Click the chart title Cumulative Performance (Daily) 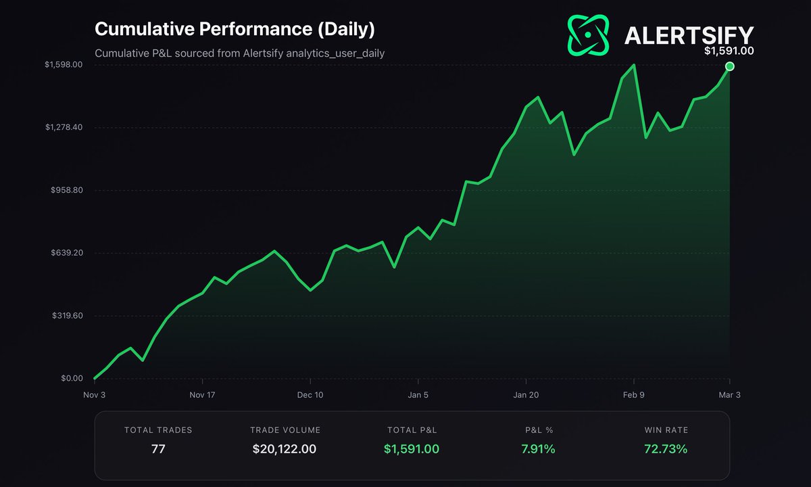tap(234, 30)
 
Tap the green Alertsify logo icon tap(589, 34)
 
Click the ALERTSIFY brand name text tap(689, 35)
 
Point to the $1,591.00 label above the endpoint tap(729, 51)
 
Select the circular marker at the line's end tap(730, 66)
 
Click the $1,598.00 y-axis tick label tap(64, 65)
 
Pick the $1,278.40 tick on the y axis tap(64, 127)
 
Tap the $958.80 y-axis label tap(66, 190)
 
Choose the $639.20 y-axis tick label tap(66, 253)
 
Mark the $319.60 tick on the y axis tap(66, 316)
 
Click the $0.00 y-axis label tap(72, 379)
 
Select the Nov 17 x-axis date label tap(202, 395)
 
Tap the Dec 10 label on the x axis tap(310, 395)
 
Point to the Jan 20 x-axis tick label tap(526, 395)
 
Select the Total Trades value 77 tap(158, 448)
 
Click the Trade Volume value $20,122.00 tap(285, 448)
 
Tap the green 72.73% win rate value tap(666, 448)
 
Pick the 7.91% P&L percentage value tap(539, 448)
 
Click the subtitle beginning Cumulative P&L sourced tap(240, 53)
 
